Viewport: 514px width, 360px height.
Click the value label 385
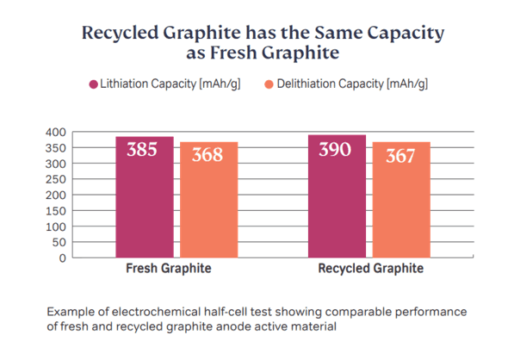142,150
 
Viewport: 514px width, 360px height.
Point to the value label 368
207,155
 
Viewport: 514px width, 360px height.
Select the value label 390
335,149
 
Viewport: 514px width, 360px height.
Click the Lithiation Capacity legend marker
93,84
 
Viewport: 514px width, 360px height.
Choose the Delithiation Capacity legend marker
269,84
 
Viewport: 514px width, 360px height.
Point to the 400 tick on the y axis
55,132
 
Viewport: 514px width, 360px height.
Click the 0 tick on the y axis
62,258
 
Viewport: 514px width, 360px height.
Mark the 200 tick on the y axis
55,195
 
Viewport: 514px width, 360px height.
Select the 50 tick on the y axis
59,242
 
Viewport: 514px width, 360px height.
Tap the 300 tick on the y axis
55,164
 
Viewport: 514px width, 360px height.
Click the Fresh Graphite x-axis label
169,269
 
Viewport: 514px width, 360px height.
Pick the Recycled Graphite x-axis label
371,269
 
